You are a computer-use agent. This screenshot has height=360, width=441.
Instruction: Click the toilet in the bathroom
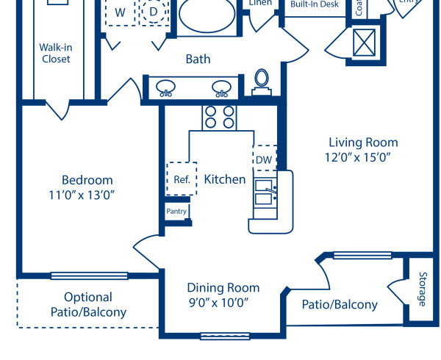pos(262,81)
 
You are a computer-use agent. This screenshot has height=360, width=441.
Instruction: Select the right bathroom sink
pos(221,87)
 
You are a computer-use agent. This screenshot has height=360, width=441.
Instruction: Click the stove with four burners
pos(219,118)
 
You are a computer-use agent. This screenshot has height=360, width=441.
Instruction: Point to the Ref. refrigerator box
pos(182,179)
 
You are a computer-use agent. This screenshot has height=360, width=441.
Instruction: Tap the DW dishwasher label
pos(264,159)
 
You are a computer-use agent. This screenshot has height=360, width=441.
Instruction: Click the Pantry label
pos(176,212)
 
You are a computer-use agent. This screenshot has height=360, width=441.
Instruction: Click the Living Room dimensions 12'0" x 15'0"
pos(363,156)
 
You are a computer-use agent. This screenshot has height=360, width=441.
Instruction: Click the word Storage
pos(422,289)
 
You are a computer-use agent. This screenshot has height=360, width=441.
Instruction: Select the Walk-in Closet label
pos(56,53)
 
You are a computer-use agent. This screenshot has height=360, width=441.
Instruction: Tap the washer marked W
pos(119,12)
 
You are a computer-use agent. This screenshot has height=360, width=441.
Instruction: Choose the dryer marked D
pos(153,12)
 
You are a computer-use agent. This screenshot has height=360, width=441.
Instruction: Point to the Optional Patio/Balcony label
pos(88,305)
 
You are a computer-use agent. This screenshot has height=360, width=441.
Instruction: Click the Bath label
pos(198,59)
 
